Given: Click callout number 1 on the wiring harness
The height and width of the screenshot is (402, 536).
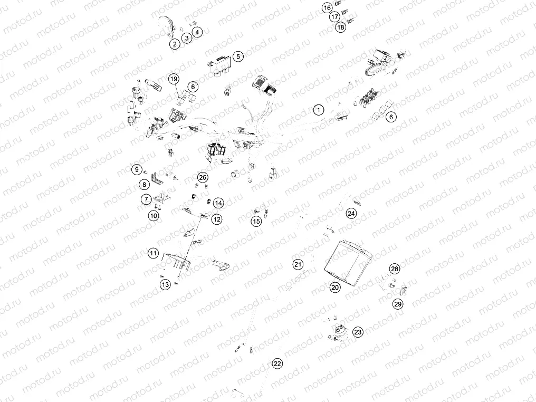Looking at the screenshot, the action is tap(319, 110).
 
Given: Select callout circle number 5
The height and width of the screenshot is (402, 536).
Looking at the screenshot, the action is tap(238, 56).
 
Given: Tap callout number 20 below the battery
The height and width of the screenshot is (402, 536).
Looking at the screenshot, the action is tap(335, 287).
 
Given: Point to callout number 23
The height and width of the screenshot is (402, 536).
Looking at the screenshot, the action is tap(358, 332).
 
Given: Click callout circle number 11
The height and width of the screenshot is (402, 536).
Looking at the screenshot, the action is tap(153, 253).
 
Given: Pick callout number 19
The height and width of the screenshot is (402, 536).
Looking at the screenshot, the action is tap(174, 79).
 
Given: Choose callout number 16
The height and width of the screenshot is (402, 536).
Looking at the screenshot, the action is tap(327, 7).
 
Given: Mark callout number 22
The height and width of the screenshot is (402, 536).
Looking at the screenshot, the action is tap(277, 363).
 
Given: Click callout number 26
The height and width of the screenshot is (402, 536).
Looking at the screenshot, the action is tap(203, 177).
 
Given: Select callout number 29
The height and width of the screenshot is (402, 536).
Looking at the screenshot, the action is tap(398, 304).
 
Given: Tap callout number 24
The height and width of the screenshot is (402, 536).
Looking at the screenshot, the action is tap(351, 213).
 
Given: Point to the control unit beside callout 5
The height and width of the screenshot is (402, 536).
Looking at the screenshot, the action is tap(220, 67).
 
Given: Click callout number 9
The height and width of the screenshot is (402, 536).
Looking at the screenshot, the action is tap(137, 169).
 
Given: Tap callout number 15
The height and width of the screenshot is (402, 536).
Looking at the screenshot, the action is tap(256, 222).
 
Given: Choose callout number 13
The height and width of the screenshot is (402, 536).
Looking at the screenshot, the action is tap(166, 284).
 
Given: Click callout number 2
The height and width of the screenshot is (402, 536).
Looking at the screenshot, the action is tap(175, 44).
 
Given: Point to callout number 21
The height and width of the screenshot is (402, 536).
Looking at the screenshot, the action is tap(298, 264).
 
